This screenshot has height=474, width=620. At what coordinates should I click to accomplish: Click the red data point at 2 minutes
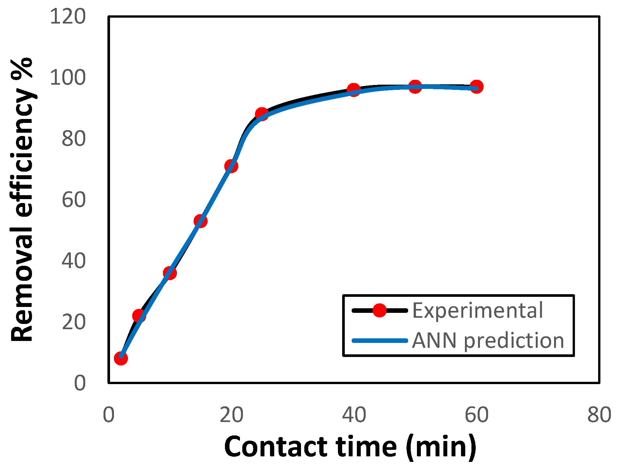(121, 358)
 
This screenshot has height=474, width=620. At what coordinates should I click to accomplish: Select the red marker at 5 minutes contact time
(139, 316)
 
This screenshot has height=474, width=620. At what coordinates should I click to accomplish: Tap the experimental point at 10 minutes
(170, 273)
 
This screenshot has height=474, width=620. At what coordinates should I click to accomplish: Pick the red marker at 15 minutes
(200, 221)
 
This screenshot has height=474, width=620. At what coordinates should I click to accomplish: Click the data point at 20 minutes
(231, 166)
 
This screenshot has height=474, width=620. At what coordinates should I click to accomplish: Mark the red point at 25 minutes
(262, 114)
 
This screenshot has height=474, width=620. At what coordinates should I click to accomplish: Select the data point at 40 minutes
(354, 90)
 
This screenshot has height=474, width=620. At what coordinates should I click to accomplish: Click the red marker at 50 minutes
(415, 87)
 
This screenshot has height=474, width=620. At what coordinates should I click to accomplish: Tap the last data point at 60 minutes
(476, 87)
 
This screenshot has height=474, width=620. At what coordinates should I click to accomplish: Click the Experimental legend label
(477, 311)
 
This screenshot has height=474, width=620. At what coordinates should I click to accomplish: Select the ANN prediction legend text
(488, 341)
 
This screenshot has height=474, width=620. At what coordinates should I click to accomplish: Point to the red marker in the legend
(379, 310)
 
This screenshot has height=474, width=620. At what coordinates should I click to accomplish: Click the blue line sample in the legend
(379, 341)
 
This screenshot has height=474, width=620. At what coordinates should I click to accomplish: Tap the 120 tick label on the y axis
(68, 16)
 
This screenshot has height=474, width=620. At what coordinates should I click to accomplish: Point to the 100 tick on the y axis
(68, 78)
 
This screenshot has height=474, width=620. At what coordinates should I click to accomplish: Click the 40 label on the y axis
(73, 261)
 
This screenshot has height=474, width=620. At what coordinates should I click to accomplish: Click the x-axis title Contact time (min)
(350, 447)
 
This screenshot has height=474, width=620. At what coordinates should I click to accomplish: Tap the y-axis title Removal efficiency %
(22, 199)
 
